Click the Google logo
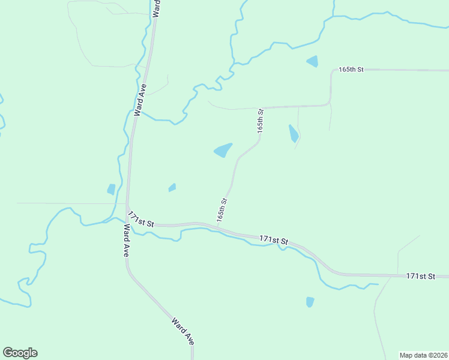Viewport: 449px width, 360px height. point(20,353)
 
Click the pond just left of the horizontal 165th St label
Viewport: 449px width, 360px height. point(312,61)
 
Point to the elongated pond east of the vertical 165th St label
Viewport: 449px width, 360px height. point(293,133)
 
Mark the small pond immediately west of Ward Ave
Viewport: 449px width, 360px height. point(111,190)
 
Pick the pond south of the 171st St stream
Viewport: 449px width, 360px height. point(310,302)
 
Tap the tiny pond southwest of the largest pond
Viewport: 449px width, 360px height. point(172,188)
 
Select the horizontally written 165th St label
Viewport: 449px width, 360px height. point(351,70)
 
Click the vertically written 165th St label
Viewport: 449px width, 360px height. point(261,121)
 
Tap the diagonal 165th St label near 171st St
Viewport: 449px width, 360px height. point(222,210)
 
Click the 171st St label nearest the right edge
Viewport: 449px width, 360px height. point(420,276)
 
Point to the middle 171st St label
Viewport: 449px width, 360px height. point(274,240)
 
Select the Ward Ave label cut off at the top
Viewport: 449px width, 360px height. point(156,9)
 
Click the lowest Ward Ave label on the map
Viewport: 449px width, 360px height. point(182,331)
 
